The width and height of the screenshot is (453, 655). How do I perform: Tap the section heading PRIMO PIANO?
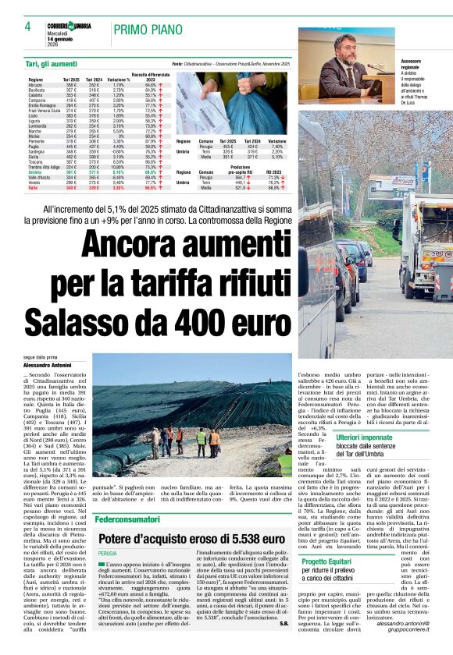pyautogui.click(x=148, y=30)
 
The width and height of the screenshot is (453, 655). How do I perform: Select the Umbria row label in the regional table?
pyautogui.click(x=36, y=172)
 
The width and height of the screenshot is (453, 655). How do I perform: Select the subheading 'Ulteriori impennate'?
pyautogui.click(x=364, y=437)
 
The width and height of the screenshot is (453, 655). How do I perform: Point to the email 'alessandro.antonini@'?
pyautogui.click(x=402, y=644)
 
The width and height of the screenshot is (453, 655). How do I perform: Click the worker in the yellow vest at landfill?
pyautogui.click(x=201, y=441)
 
